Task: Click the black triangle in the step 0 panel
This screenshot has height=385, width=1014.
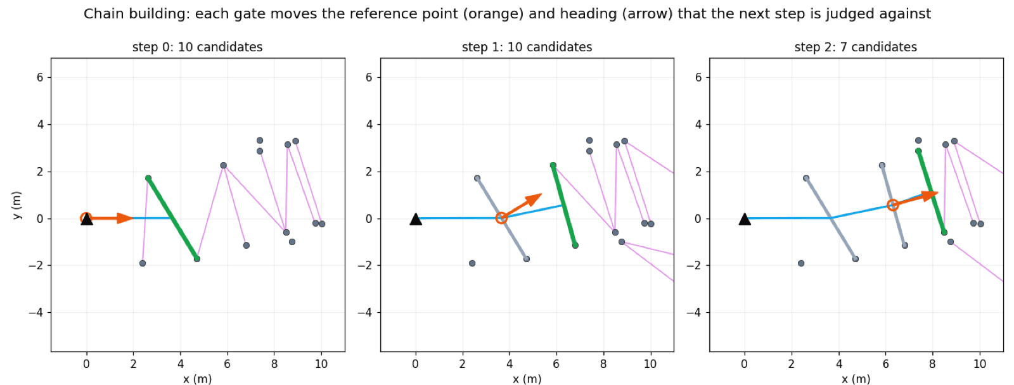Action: [x=86, y=219]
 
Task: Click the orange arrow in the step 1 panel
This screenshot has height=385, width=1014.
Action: [x=522, y=206]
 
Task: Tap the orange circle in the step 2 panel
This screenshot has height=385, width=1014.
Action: [x=892, y=205]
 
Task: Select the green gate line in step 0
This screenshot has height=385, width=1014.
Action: [x=172, y=218]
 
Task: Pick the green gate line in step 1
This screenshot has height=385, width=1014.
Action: [x=564, y=205]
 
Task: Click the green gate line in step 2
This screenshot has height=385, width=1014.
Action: [x=931, y=192]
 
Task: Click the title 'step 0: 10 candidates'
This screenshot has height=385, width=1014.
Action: [x=197, y=47]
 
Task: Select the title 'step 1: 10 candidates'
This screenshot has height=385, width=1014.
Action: [x=527, y=47]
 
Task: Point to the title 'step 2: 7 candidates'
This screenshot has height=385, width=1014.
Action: [x=856, y=47]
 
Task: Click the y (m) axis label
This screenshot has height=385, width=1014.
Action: [x=16, y=205]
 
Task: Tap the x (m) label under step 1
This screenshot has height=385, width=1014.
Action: [x=527, y=379]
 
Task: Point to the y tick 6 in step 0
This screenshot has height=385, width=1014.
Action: [x=41, y=77]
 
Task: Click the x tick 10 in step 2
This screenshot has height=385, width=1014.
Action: [x=980, y=363]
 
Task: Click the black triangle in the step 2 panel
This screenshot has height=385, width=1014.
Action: [x=745, y=219]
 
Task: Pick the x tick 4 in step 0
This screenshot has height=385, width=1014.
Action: [x=180, y=363]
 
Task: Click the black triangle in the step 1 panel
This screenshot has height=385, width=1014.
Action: [x=416, y=219]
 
